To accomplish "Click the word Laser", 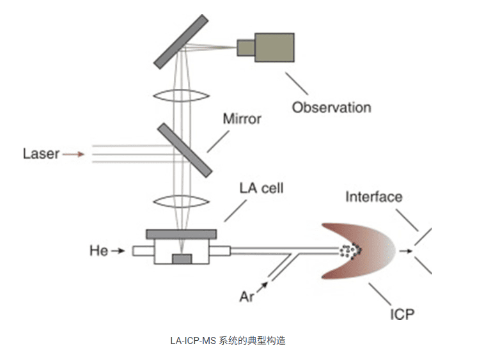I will [42, 153].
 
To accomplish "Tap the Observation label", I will [331, 107].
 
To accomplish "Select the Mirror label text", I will [242, 119].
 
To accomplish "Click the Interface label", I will [374, 196].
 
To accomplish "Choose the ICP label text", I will [401, 314].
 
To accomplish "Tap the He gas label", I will [99, 251].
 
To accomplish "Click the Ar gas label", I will [248, 297].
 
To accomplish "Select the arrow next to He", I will [118, 251].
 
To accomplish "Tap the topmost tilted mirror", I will [181, 42].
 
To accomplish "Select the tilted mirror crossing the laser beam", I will [184, 149].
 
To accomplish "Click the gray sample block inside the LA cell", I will [182, 258].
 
